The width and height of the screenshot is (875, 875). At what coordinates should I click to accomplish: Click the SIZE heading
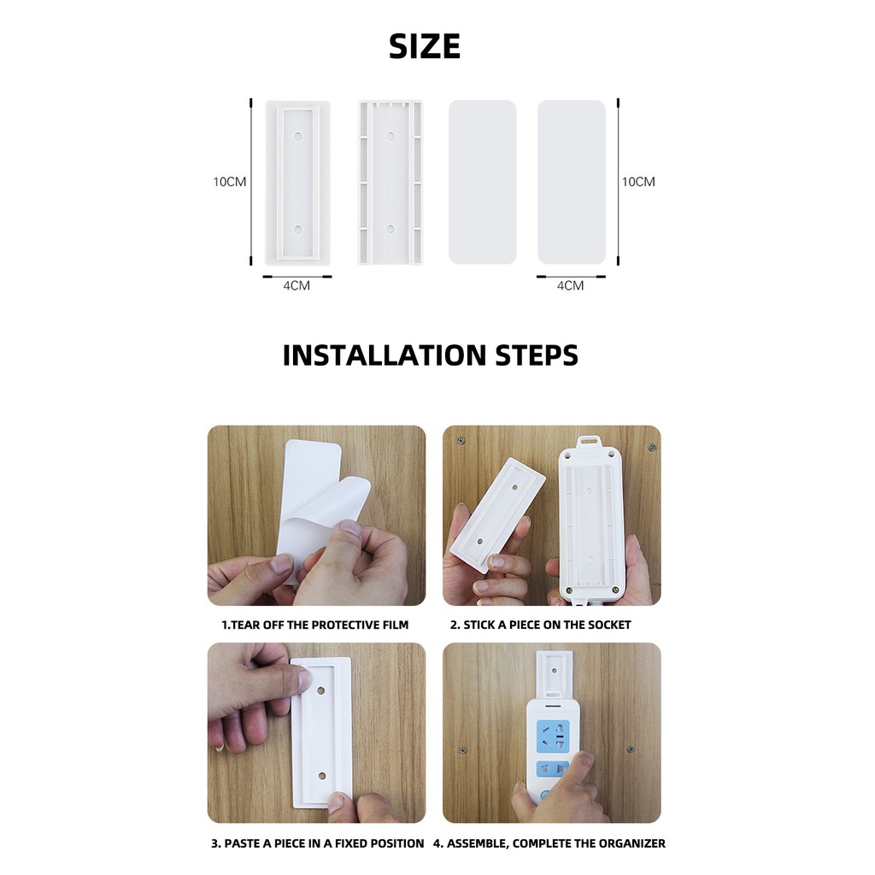pos(425,46)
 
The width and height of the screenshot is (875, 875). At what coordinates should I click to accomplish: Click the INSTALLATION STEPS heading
pos(431,355)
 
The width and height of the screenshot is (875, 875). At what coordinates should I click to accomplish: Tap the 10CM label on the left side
pos(229,182)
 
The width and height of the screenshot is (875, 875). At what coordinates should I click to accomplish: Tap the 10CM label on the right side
pos(638,182)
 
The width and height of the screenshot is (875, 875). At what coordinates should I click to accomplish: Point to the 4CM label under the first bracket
pos(297,285)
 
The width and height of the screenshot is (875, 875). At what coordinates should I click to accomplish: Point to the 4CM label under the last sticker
pos(570,285)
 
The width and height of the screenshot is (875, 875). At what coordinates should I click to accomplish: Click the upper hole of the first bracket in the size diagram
pos(297,136)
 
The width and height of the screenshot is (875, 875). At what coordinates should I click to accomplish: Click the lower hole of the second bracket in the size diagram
pos(391,229)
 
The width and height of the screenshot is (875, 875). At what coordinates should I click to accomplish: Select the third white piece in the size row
pos(483,182)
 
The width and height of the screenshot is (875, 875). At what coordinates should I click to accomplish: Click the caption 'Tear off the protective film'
pos(314,625)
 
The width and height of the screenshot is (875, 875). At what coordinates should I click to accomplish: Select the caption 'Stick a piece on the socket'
pos(540,625)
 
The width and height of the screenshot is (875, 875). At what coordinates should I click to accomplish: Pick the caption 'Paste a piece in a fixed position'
pos(317,843)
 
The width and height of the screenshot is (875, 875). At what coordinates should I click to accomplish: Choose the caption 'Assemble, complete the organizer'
pos(549,843)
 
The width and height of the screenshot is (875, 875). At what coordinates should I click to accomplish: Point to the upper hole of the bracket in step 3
pos(321,690)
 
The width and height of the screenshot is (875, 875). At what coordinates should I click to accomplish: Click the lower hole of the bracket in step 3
pos(322,776)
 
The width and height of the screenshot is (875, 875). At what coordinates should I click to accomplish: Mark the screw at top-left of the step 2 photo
pos(461,442)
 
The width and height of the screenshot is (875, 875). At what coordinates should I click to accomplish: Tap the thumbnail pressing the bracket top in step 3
pos(303,679)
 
